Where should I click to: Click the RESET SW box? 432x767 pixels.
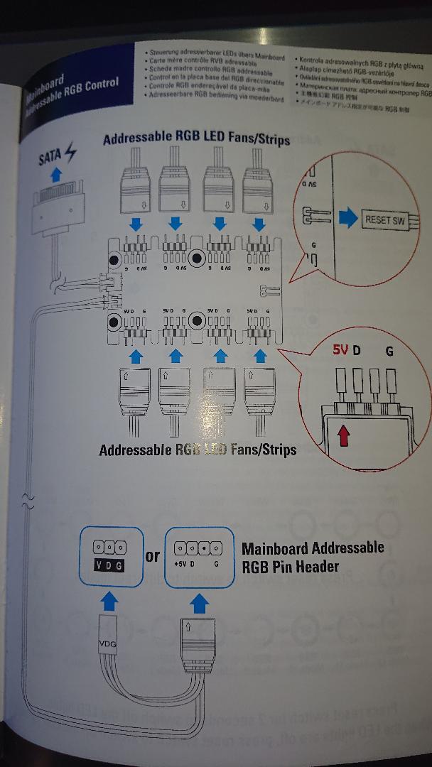click(x=384, y=219)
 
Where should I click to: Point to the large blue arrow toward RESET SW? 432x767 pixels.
click(x=346, y=218)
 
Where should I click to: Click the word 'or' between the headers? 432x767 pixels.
click(x=153, y=556)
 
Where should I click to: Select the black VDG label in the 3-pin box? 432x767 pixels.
click(x=109, y=565)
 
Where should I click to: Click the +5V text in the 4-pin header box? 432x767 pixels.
click(x=180, y=565)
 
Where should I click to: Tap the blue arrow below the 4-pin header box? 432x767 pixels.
click(x=200, y=603)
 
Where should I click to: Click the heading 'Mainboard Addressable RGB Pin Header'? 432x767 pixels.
click(x=313, y=557)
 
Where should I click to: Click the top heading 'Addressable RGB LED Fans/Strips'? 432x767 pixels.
click(x=196, y=139)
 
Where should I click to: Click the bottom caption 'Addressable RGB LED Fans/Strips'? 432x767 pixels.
click(x=198, y=450)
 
